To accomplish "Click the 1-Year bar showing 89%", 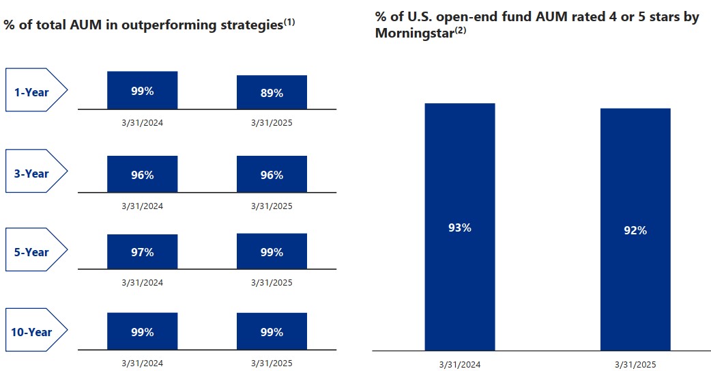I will (x=272, y=92).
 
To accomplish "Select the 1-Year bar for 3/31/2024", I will (x=142, y=90).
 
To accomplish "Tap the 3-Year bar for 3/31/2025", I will (x=272, y=174).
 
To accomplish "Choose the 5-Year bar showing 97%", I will (x=142, y=252).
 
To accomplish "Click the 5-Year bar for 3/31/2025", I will (x=272, y=251).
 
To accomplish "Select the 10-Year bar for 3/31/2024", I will (x=142, y=332).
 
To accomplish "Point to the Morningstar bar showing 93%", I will (x=460, y=227).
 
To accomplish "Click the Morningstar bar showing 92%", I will (x=635, y=230).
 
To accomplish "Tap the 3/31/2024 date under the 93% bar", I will (x=460, y=364).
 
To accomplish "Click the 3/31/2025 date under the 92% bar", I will (x=635, y=364).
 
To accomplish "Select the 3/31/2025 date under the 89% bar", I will (x=272, y=123).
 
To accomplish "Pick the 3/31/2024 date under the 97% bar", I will (x=142, y=282).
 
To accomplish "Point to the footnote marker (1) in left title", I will (x=289, y=23).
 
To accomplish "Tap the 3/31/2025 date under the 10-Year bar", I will (x=272, y=363).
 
